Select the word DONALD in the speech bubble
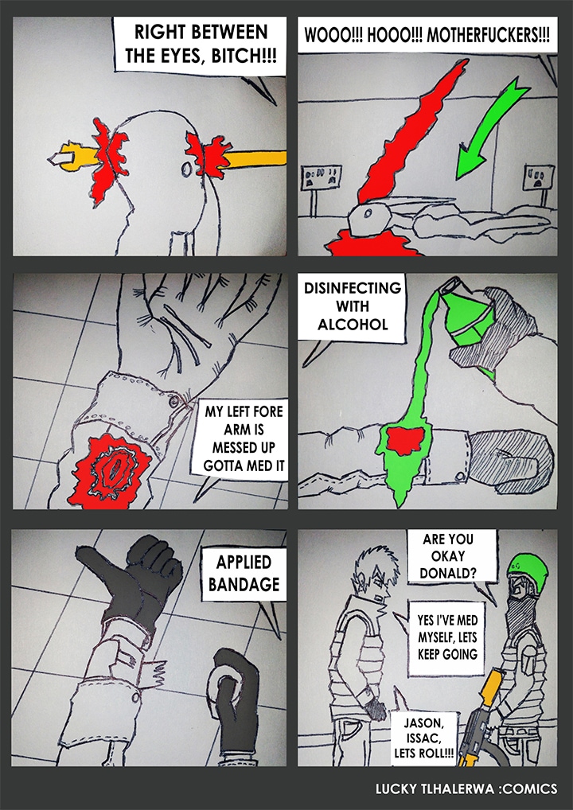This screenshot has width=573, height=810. pos(448,574)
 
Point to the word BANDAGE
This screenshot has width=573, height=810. pos(244,584)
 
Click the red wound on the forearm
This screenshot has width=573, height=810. pos(110,469)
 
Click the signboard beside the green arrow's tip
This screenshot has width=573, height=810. pos(539,179)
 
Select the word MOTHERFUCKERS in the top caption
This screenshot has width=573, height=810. pos(489,35)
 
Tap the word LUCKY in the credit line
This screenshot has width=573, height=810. pos(394,789)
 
